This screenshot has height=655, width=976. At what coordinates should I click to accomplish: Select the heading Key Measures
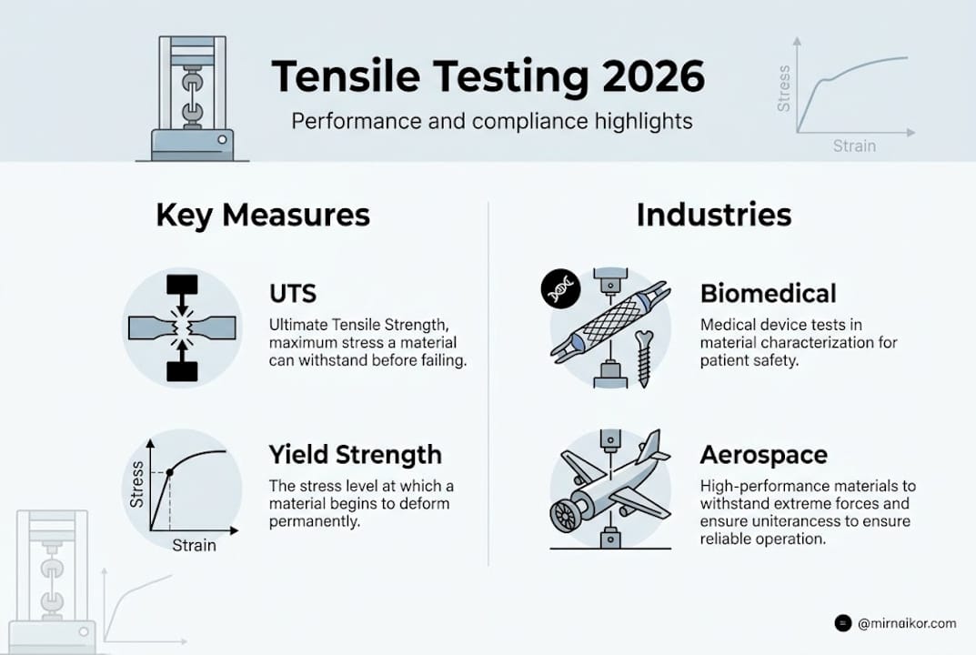pyautogui.click(x=263, y=216)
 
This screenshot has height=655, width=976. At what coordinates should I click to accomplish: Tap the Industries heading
pyautogui.click(x=713, y=216)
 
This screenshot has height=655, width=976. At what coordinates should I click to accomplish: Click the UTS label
pyautogui.click(x=293, y=295)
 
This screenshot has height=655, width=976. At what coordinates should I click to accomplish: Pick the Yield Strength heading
pyautogui.click(x=355, y=454)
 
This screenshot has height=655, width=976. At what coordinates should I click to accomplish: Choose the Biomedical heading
pyautogui.click(x=768, y=294)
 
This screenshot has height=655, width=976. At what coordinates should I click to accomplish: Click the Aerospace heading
pyautogui.click(x=764, y=454)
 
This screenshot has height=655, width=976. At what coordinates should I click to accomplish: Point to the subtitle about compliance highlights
pyautogui.click(x=492, y=121)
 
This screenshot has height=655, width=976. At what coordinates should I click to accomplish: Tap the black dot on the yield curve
pyautogui.click(x=169, y=472)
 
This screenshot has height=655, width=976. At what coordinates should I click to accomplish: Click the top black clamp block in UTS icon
pyautogui.click(x=182, y=286)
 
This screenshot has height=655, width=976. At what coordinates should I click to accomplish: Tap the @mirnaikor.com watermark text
pyautogui.click(x=907, y=623)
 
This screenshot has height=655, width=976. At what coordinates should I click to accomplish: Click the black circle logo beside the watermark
pyautogui.click(x=843, y=623)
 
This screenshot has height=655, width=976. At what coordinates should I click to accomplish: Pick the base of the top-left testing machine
pyautogui.click(x=192, y=144)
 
